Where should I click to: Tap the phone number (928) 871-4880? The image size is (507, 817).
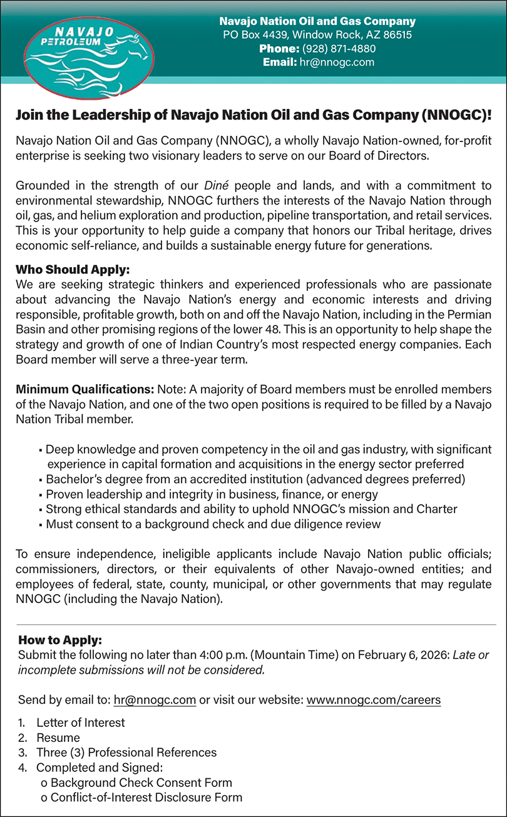pos(339,48)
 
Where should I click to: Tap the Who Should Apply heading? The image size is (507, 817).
pos(73,270)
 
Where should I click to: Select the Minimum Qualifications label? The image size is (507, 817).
pos(85,389)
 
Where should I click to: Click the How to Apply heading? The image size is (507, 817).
pos(60,640)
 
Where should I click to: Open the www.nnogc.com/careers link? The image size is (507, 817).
pos(373,700)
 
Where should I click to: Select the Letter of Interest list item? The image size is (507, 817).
pos(80,723)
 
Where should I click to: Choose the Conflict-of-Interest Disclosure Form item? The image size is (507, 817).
pos(146,798)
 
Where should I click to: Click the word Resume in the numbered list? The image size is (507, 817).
pos(58,738)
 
